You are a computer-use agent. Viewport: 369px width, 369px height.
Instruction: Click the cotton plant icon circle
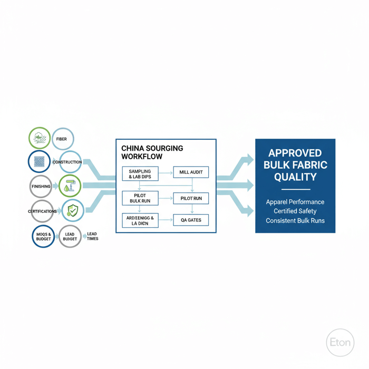point(39,139)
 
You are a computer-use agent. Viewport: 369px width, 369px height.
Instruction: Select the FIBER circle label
point(62,139)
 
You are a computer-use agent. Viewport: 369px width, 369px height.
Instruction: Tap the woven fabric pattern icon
point(39,162)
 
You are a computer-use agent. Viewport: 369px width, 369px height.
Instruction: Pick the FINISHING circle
point(42,187)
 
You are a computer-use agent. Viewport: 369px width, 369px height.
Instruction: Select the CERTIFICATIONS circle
point(42,211)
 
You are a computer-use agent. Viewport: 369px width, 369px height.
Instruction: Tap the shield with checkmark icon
point(72,211)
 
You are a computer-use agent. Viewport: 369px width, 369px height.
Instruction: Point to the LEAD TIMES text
point(92,236)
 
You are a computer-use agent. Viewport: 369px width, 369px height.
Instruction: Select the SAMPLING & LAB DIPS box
point(140,174)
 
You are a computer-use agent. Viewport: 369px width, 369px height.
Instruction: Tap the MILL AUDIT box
point(191,172)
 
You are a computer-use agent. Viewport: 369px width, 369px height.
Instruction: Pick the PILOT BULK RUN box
point(140,198)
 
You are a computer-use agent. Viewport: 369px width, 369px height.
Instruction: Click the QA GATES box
point(191,220)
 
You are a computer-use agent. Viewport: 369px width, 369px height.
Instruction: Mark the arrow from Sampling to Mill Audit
point(166,172)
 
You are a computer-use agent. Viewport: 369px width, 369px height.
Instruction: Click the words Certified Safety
point(295,211)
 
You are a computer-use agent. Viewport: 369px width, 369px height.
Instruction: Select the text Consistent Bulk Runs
point(295,220)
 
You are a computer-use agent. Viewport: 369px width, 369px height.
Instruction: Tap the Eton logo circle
point(340,341)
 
